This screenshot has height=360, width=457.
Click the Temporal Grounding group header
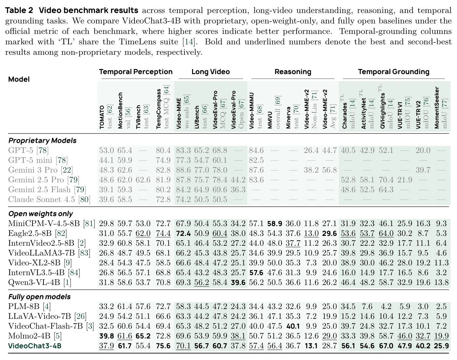393,72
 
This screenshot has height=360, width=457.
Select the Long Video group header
211,72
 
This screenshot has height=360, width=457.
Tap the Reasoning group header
293,72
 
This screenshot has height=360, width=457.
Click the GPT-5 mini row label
38,160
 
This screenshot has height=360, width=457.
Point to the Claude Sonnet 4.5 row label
49,199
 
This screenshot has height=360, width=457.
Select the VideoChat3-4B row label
34,346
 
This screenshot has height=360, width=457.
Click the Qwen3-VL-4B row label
40,282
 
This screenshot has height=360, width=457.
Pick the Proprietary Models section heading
42,141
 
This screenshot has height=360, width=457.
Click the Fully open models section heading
39,297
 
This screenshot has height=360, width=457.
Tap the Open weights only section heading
40,214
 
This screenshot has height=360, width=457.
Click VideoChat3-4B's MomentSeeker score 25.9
441,346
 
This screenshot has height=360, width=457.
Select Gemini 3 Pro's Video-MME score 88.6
183,170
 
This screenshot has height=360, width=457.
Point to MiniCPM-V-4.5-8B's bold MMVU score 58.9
275,223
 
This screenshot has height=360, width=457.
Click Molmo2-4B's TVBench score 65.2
143,336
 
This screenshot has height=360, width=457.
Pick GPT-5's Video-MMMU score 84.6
256,150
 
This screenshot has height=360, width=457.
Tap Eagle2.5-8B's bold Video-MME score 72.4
183,233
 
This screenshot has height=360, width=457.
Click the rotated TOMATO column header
102,117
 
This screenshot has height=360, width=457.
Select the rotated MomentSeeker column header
437,108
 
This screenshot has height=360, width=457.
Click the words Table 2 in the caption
19,10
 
